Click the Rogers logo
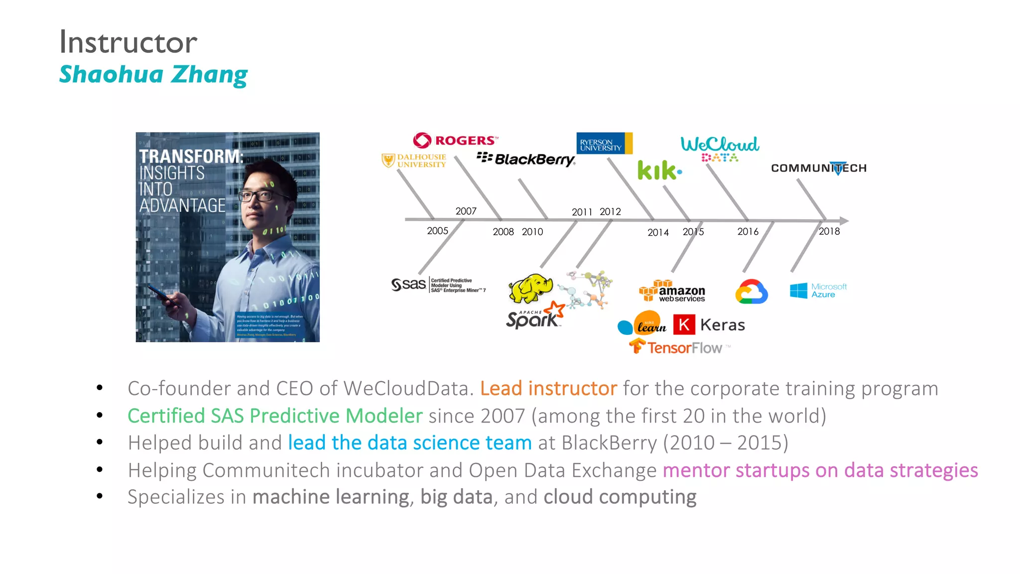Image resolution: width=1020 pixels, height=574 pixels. tap(455, 141)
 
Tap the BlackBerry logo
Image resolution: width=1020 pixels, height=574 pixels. tap(526, 159)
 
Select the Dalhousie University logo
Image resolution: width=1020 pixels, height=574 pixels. tap(414, 160)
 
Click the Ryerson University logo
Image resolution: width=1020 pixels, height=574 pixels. tap(604, 143)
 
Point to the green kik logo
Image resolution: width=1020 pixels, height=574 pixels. tap(659, 170)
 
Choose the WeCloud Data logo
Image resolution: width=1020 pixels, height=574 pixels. tap(720, 148)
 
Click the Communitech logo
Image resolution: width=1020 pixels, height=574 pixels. tap(818, 168)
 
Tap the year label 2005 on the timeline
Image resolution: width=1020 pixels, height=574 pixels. tap(437, 231)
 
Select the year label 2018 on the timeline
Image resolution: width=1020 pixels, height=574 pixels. tap(829, 231)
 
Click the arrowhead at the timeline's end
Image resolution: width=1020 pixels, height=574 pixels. tap(844, 220)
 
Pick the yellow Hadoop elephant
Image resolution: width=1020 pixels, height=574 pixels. tap(530, 288)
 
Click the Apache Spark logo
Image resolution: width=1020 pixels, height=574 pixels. tap(534, 316)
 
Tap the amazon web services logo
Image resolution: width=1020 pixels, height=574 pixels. tap(672, 291)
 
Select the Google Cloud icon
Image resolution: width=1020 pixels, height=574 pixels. tap(751, 292)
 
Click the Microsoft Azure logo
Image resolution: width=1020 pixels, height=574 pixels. tap(818, 290)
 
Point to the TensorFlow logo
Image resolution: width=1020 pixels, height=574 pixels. tap(676, 347)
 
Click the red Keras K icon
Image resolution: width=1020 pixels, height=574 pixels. tap(684, 325)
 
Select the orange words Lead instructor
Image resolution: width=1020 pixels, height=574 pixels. tap(548, 388)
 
